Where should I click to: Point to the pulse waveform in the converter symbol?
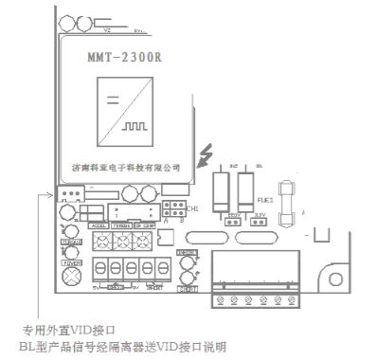click(133, 124)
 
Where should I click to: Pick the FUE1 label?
click(266, 201)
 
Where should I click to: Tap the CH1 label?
click(193, 208)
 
